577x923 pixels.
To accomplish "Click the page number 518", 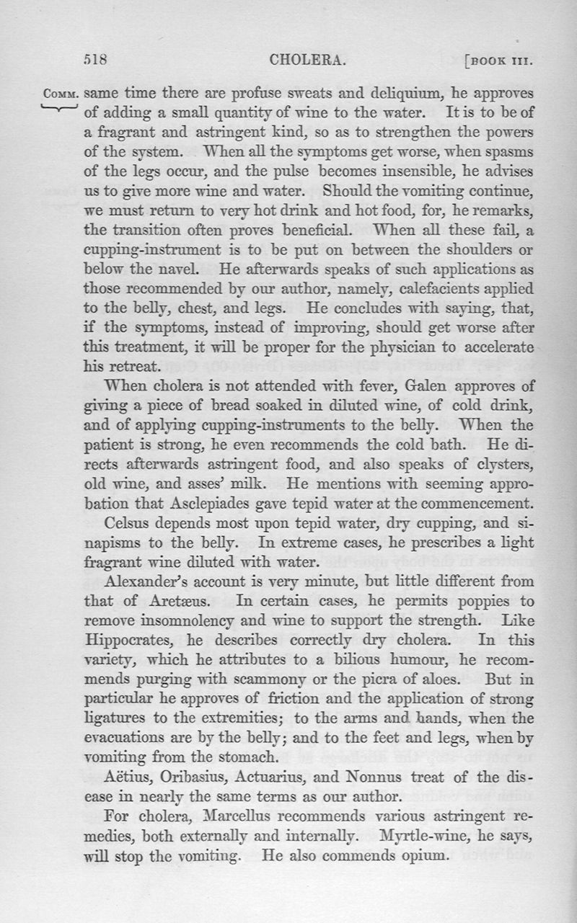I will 95,61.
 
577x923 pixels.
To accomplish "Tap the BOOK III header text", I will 498,61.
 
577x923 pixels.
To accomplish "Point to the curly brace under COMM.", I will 61,108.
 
